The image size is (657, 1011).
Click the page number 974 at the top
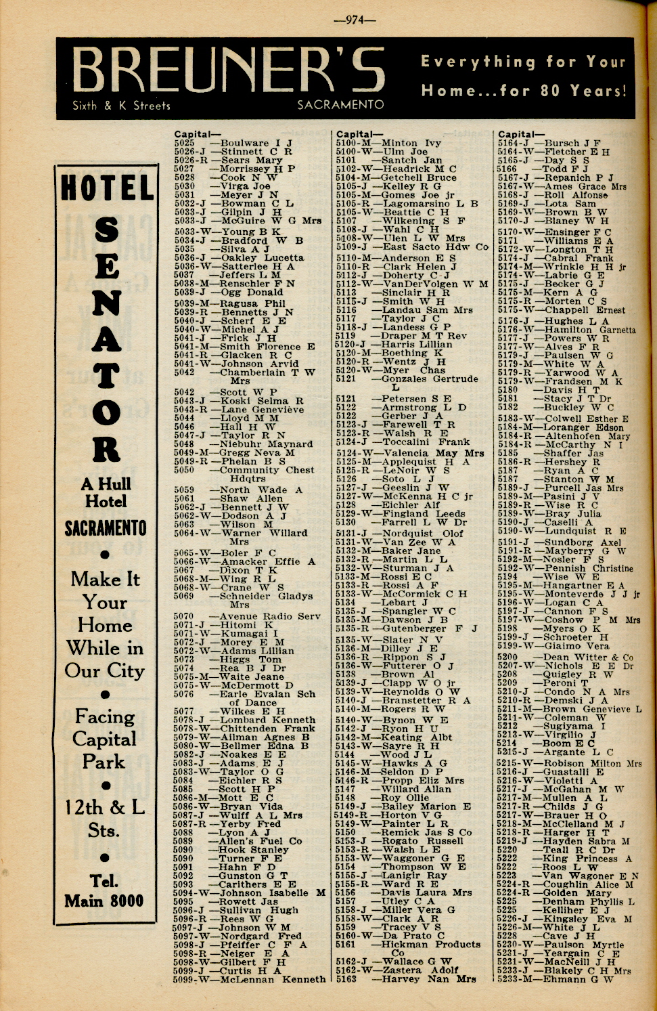(x=354, y=20)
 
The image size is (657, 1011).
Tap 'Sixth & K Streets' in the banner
(x=121, y=106)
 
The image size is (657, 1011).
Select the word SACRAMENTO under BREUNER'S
(x=340, y=105)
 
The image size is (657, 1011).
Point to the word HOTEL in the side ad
(x=107, y=188)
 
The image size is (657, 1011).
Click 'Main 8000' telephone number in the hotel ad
(x=104, y=901)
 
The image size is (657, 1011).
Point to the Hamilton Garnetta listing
(x=589, y=330)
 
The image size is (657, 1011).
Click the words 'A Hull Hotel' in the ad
(x=106, y=492)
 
